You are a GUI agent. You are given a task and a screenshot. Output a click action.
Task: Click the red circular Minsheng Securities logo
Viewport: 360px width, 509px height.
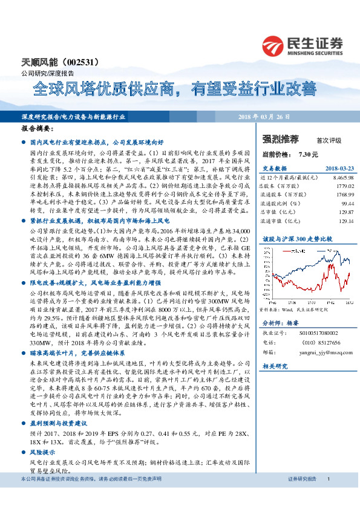pyautogui.click(x=273, y=45)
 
